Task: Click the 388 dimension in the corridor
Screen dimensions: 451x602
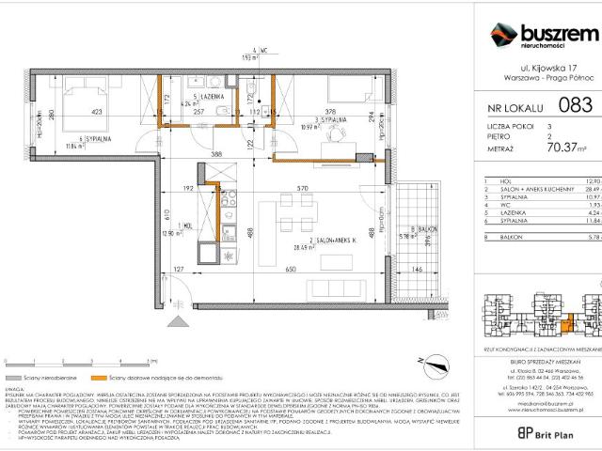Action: click(216, 154)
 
